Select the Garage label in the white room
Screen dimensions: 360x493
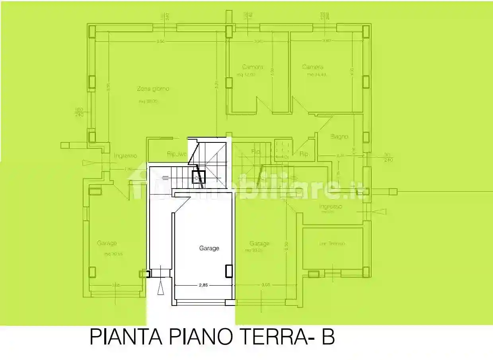(x=209, y=248)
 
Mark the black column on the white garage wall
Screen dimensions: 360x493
(x=229, y=271)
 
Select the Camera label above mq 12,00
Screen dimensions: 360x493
(x=252, y=67)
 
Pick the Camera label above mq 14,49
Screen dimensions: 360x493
(x=312, y=67)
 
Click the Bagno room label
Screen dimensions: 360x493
(x=339, y=136)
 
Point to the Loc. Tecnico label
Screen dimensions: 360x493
(x=332, y=243)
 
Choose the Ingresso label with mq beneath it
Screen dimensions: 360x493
(x=331, y=206)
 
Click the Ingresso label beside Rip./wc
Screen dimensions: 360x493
(x=125, y=156)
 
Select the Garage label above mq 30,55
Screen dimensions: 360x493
(x=107, y=243)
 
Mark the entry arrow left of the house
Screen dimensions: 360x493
(x=87, y=162)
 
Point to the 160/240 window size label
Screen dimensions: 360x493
(x=78, y=112)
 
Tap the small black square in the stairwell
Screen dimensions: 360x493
(x=198, y=177)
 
